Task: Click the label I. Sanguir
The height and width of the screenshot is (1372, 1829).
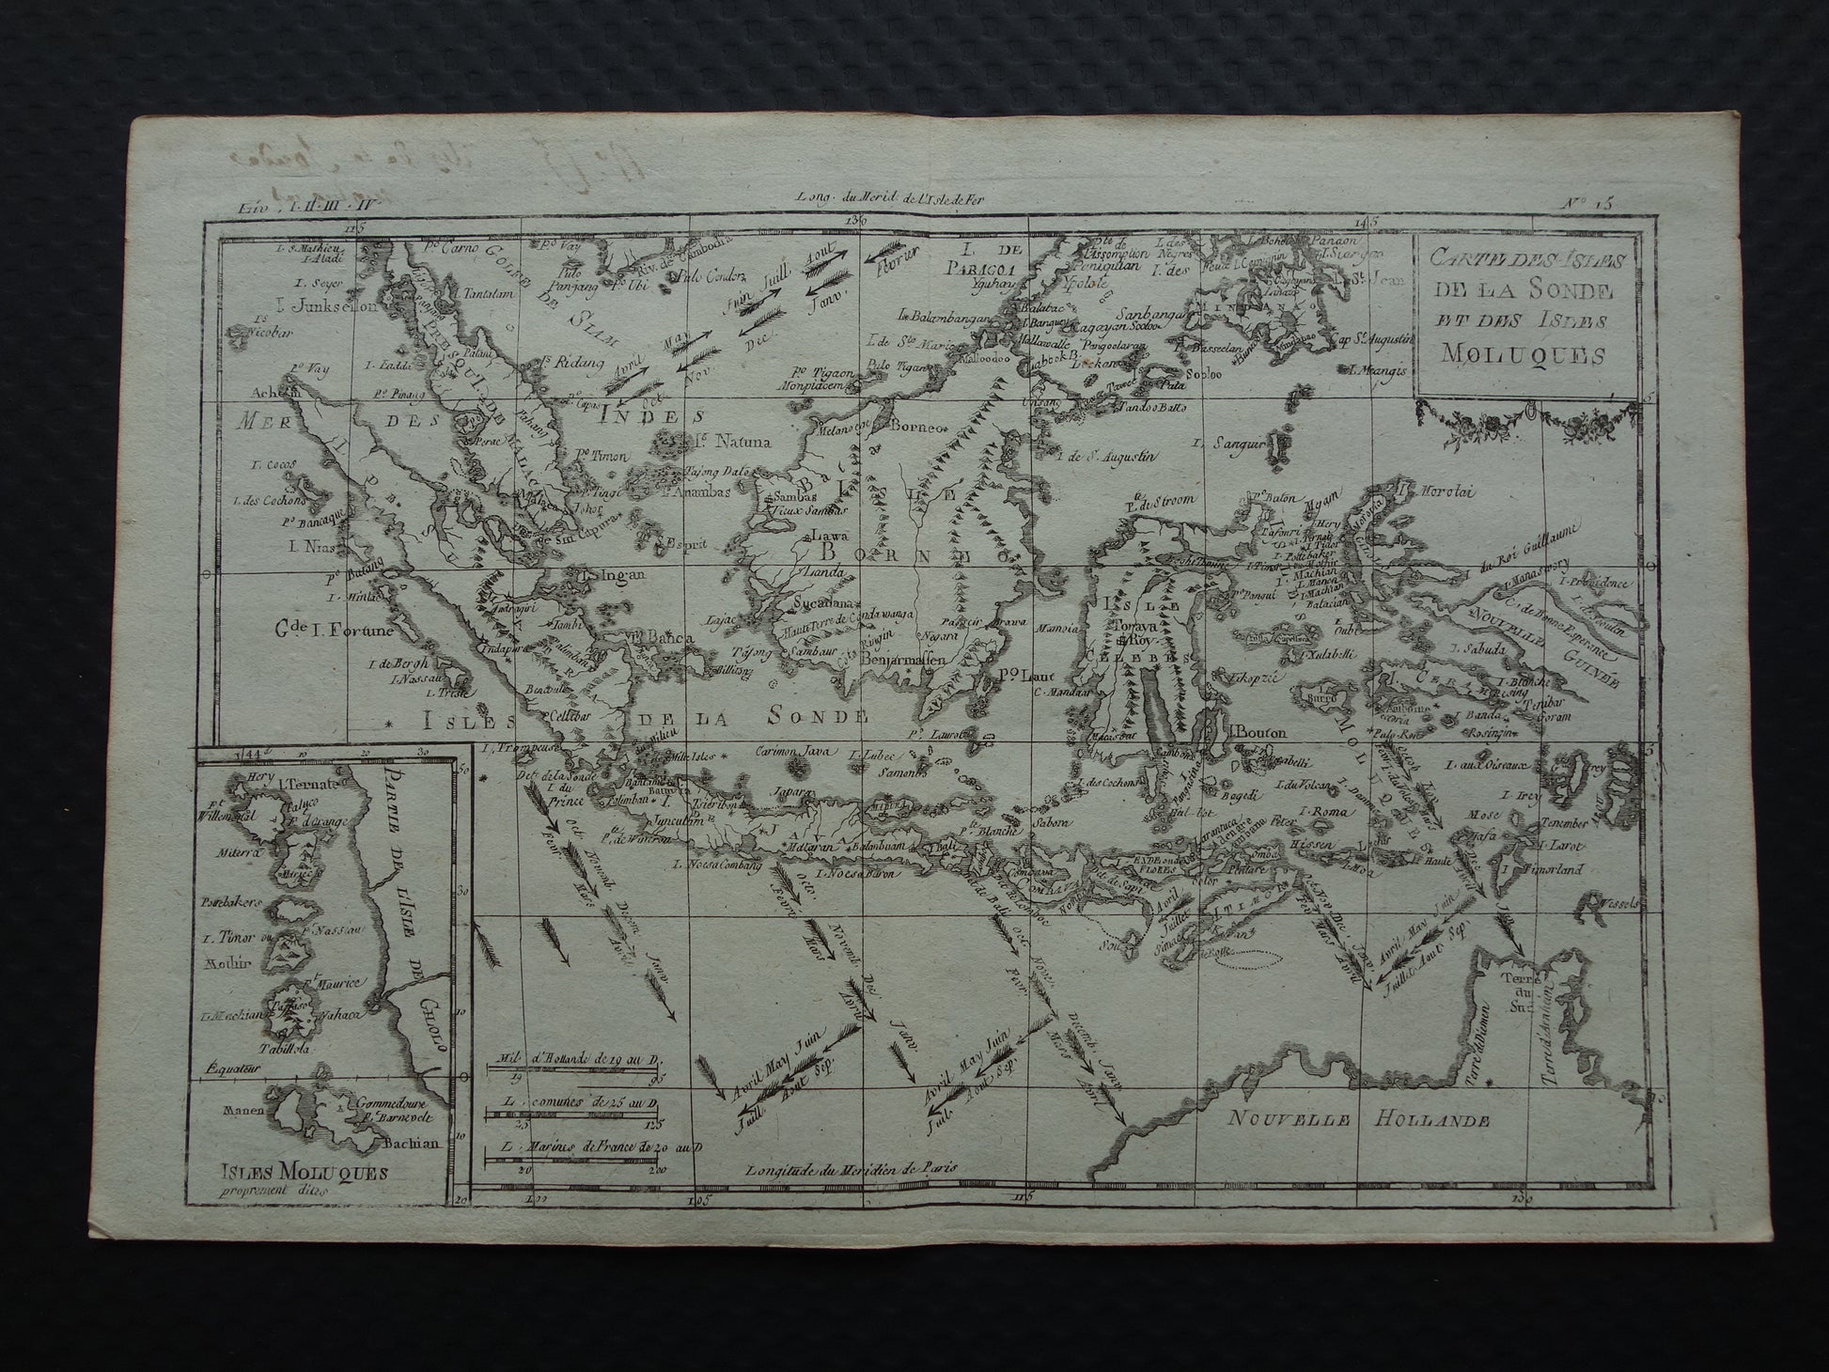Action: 1227,443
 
